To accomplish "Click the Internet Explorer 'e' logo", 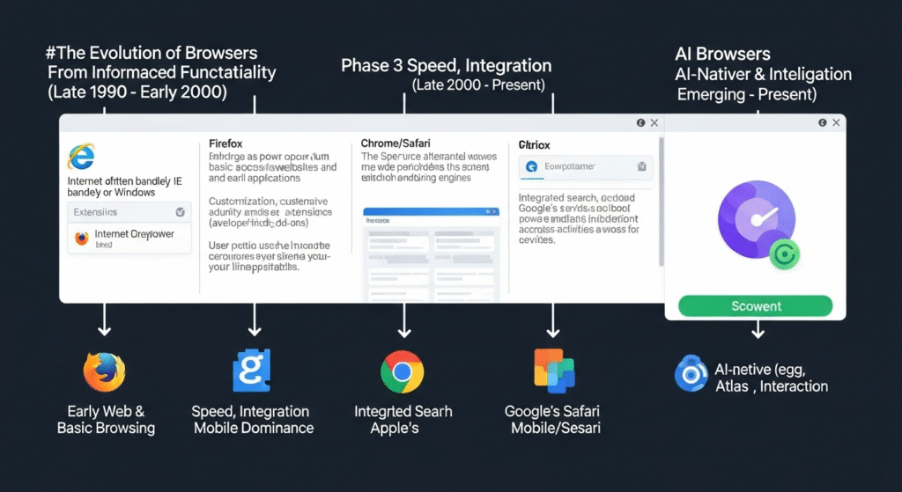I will [x=80, y=157].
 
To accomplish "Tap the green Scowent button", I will [x=756, y=305].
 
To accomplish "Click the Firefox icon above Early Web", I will [x=104, y=371].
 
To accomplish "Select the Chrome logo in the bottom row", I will [x=402, y=371].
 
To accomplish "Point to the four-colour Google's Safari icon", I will [x=554, y=371].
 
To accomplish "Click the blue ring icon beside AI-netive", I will [x=691, y=373].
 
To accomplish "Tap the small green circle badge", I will [x=783, y=253].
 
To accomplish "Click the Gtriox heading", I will [x=534, y=143].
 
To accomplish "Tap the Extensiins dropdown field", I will [x=129, y=212].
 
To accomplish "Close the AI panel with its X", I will [x=836, y=123].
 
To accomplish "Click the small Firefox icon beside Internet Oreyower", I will [x=82, y=239].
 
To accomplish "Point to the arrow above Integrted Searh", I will [x=404, y=322].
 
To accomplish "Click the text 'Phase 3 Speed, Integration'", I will [x=446, y=66].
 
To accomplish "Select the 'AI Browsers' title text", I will [x=721, y=54].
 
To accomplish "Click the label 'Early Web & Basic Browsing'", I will [x=106, y=420].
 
